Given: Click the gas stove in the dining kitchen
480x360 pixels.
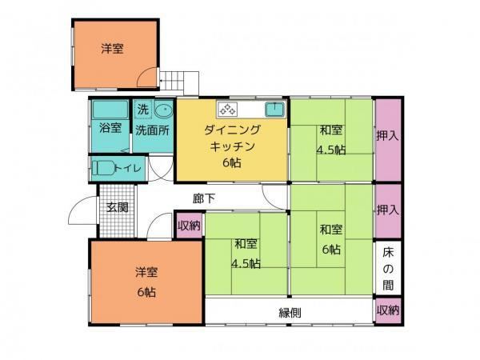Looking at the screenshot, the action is pos(227,110).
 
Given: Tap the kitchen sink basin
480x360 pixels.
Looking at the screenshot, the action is pos(274,110).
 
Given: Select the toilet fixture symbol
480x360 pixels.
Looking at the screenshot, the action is pos(103,168).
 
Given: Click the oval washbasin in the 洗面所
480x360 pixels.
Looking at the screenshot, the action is pos(164,110).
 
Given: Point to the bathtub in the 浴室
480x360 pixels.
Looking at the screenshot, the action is pos(110,110).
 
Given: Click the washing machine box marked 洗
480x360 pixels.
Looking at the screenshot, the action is pos(143,110).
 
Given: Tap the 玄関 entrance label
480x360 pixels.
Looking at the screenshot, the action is pos(118,207).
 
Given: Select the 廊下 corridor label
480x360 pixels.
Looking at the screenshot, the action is pos(204,198).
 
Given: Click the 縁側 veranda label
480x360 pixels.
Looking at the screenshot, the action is pos(290,313).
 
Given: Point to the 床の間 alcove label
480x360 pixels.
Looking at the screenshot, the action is pos(388,269).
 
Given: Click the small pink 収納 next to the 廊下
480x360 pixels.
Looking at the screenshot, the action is pos(189,226).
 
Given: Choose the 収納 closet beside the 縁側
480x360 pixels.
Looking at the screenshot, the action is pos(388,310).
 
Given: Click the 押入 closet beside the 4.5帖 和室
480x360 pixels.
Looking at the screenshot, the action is pos(388,139).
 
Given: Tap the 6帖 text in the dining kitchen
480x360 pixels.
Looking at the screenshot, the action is pos(232,163).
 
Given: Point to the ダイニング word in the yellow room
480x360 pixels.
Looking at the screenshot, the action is pos(232,130).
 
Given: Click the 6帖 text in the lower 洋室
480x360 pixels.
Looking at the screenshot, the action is pos(146,292).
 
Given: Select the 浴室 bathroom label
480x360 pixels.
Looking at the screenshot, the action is pos(110,128).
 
